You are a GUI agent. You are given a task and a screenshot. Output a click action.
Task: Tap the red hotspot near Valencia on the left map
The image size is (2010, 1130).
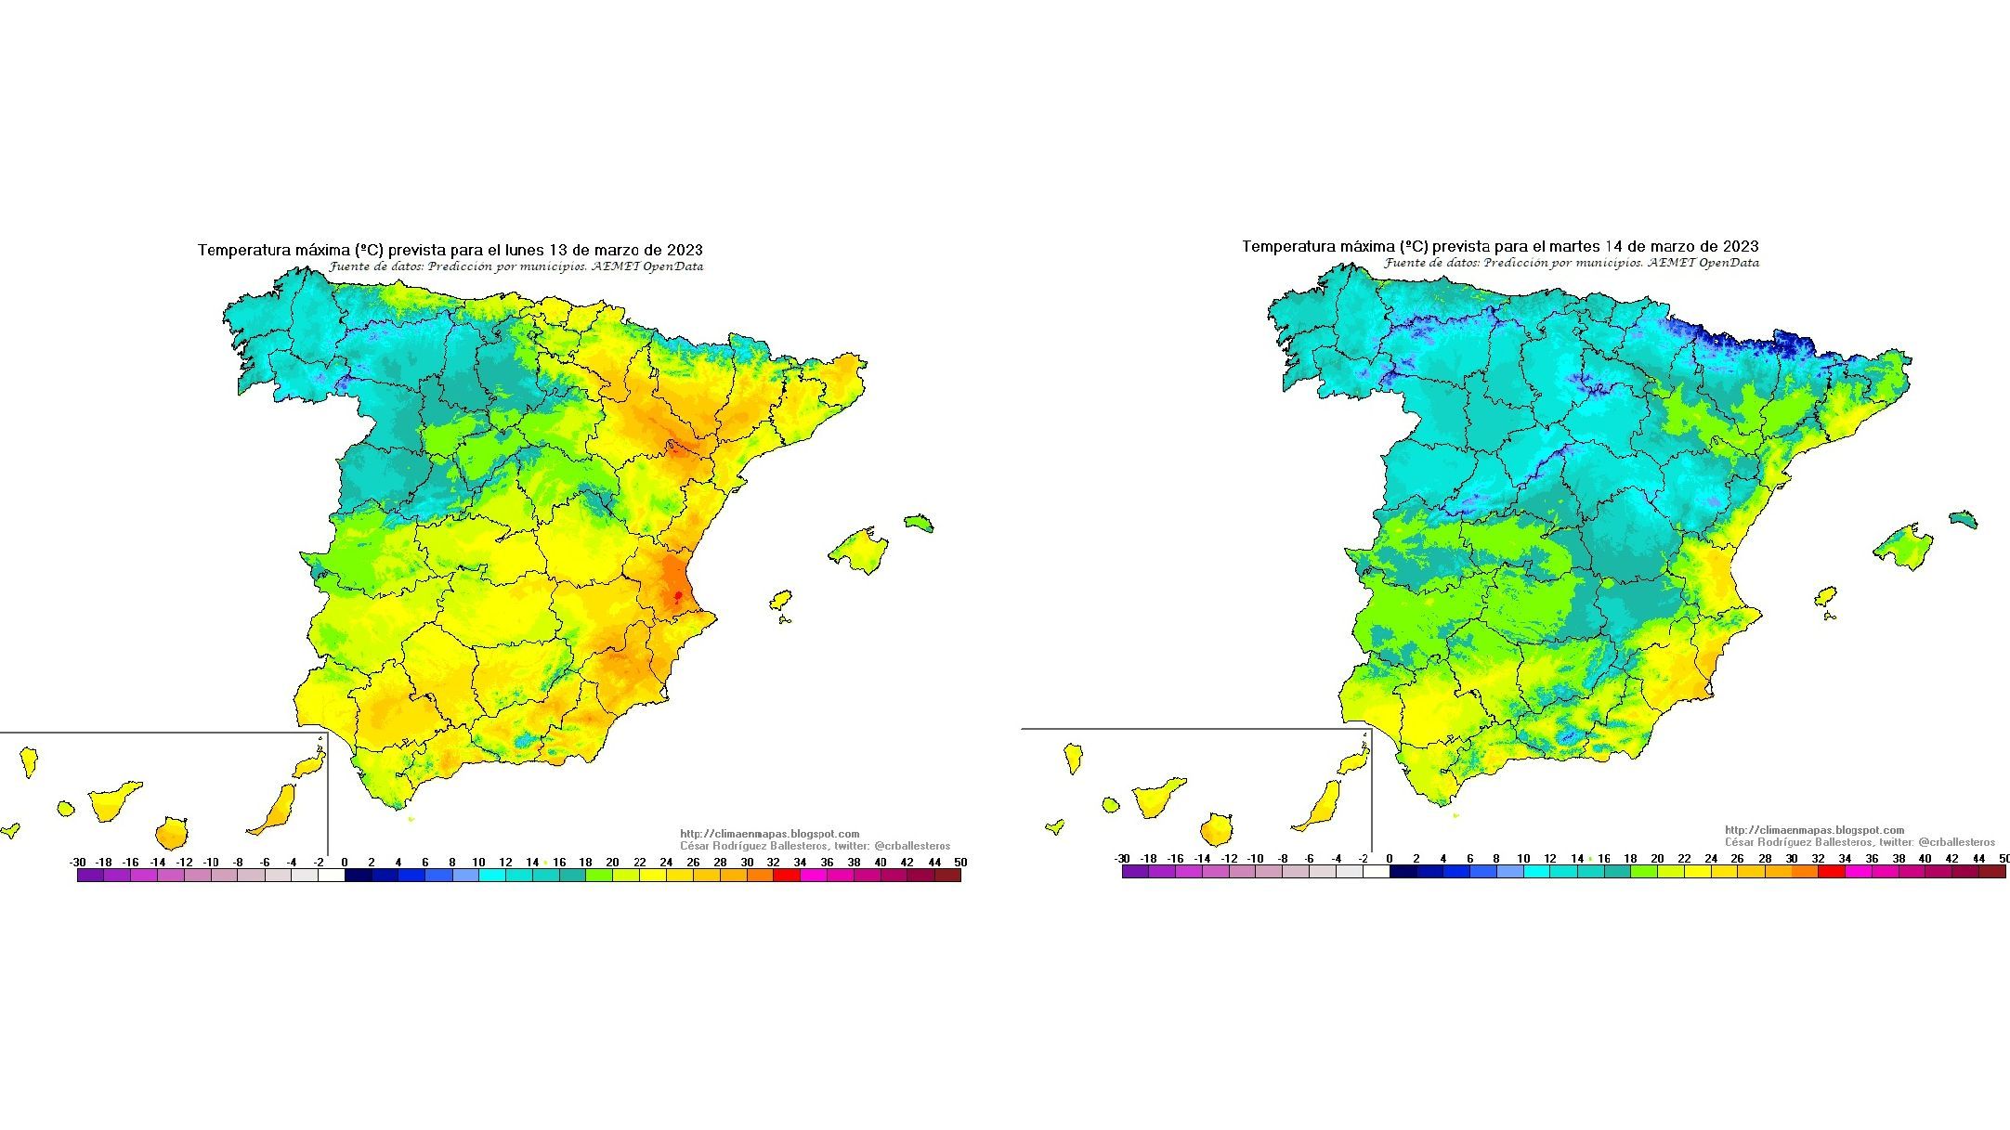(678, 595)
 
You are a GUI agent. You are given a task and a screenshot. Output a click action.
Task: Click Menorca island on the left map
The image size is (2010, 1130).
(918, 523)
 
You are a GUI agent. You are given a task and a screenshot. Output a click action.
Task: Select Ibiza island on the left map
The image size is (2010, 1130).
(780, 601)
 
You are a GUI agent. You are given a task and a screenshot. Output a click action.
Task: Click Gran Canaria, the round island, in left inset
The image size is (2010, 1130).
(172, 833)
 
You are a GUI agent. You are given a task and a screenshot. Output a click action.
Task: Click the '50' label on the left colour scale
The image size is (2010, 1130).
(960, 863)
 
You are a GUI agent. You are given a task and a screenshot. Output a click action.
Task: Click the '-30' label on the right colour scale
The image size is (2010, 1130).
(1122, 859)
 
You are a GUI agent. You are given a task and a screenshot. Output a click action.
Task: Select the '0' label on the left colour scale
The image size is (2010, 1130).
(345, 863)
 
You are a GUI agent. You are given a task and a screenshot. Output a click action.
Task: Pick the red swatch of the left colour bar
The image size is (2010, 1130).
(786, 875)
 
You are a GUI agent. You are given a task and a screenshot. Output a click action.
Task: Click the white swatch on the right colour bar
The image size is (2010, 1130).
(1376, 871)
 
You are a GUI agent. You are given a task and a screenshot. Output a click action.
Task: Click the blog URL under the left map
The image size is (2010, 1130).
(770, 834)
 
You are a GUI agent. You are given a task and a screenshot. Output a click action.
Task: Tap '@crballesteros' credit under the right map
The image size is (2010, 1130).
(1956, 842)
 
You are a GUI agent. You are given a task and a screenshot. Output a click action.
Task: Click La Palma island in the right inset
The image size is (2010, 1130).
(1074, 758)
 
